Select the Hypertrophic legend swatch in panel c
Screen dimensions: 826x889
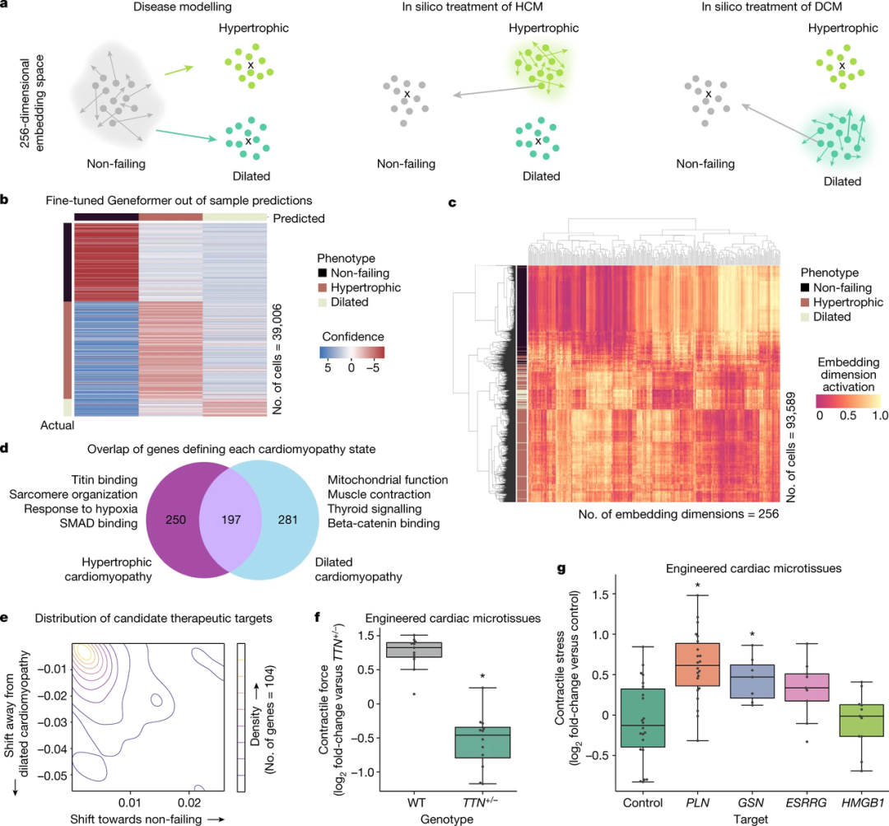[803, 302]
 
